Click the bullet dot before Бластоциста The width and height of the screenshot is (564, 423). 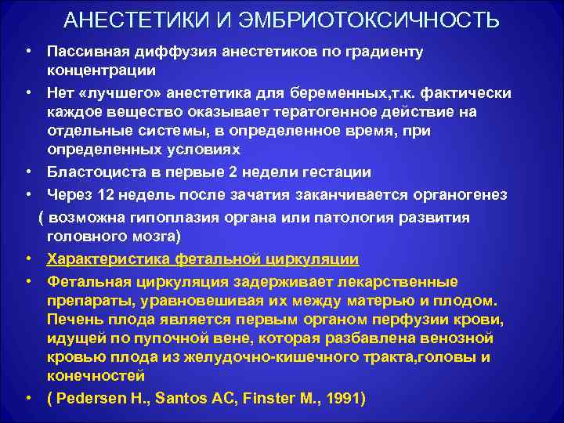coord(28,172)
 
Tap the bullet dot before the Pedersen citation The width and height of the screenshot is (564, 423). coord(28,397)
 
